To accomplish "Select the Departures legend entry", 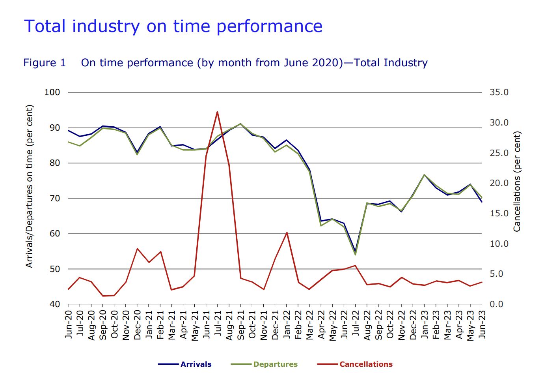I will pyautogui.click(x=275, y=364).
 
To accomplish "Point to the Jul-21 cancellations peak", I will pyautogui.click(x=217, y=112).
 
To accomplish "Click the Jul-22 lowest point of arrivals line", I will pyautogui.click(x=355, y=251).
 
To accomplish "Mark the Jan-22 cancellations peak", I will pyautogui.click(x=287, y=232).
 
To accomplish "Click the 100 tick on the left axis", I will pyautogui.click(x=52, y=92).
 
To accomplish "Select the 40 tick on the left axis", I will pyautogui.click(x=55, y=304).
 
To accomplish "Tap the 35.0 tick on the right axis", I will pyautogui.click(x=499, y=92).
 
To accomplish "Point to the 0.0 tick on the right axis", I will pyautogui.click(x=497, y=304).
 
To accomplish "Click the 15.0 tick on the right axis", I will pyautogui.click(x=499, y=214).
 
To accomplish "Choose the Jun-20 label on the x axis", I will pyautogui.click(x=69, y=324).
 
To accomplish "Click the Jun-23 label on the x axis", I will pyautogui.click(x=482, y=324).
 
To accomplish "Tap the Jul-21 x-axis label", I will pyautogui.click(x=218, y=323).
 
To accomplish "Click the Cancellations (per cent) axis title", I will pyautogui.click(x=517, y=182).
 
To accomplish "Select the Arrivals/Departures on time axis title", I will pyautogui.click(x=29, y=186).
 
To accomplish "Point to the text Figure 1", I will pyautogui.click(x=45, y=63).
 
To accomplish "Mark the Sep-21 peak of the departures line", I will pyautogui.click(x=240, y=124).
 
